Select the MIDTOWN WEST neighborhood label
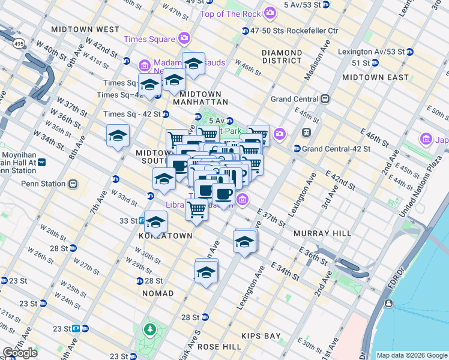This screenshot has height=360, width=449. tap(85, 29)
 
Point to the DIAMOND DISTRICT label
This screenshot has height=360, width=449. tap(282, 56)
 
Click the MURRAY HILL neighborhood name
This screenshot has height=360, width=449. tap(318, 233)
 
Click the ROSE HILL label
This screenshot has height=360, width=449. tap(219, 347)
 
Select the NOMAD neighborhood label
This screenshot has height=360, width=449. tap(158, 293)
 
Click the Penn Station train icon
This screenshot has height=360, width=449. tap(73, 184)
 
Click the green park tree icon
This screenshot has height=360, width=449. tap(149, 329)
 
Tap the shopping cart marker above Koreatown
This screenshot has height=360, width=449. tap(196, 210)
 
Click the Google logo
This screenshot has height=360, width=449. tap(20, 353)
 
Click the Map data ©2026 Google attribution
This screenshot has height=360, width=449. tap(412, 355)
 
